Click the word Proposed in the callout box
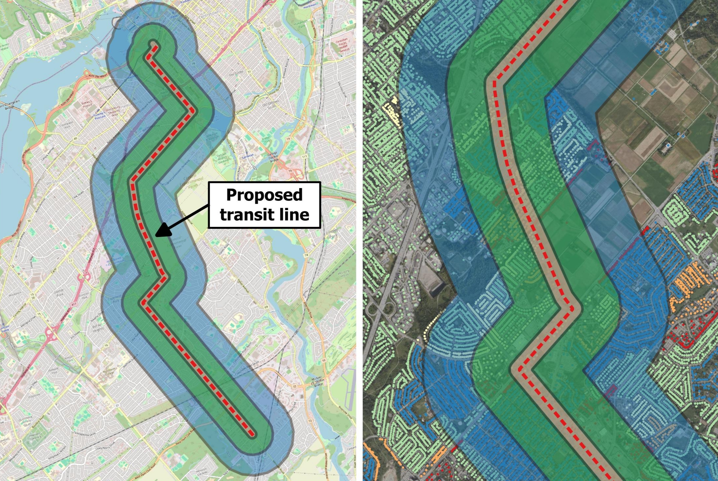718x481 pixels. [x=264, y=195]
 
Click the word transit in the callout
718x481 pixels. [x=244, y=214]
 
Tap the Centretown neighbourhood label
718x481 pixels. [x=209, y=16]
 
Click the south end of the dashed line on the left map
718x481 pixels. [x=252, y=434]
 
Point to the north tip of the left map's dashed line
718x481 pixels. [x=153, y=44]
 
